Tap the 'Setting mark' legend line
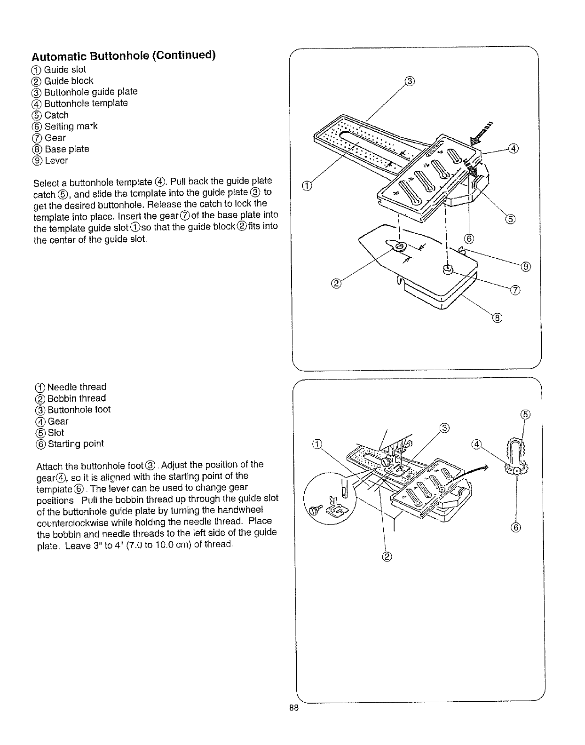click(65, 126)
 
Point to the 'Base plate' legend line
click(61, 149)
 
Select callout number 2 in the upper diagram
click(336, 283)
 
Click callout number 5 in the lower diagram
click(526, 414)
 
